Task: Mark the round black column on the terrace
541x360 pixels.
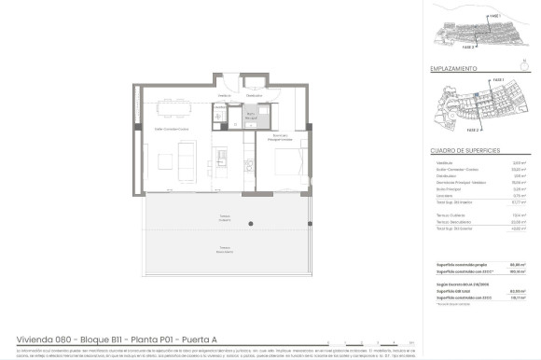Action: point(250,222)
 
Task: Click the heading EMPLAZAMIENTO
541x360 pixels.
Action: point(454,68)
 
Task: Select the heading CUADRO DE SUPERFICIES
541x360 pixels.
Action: point(466,150)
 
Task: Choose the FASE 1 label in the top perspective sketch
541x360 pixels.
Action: point(494,16)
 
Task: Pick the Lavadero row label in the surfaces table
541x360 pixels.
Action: point(444,194)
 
